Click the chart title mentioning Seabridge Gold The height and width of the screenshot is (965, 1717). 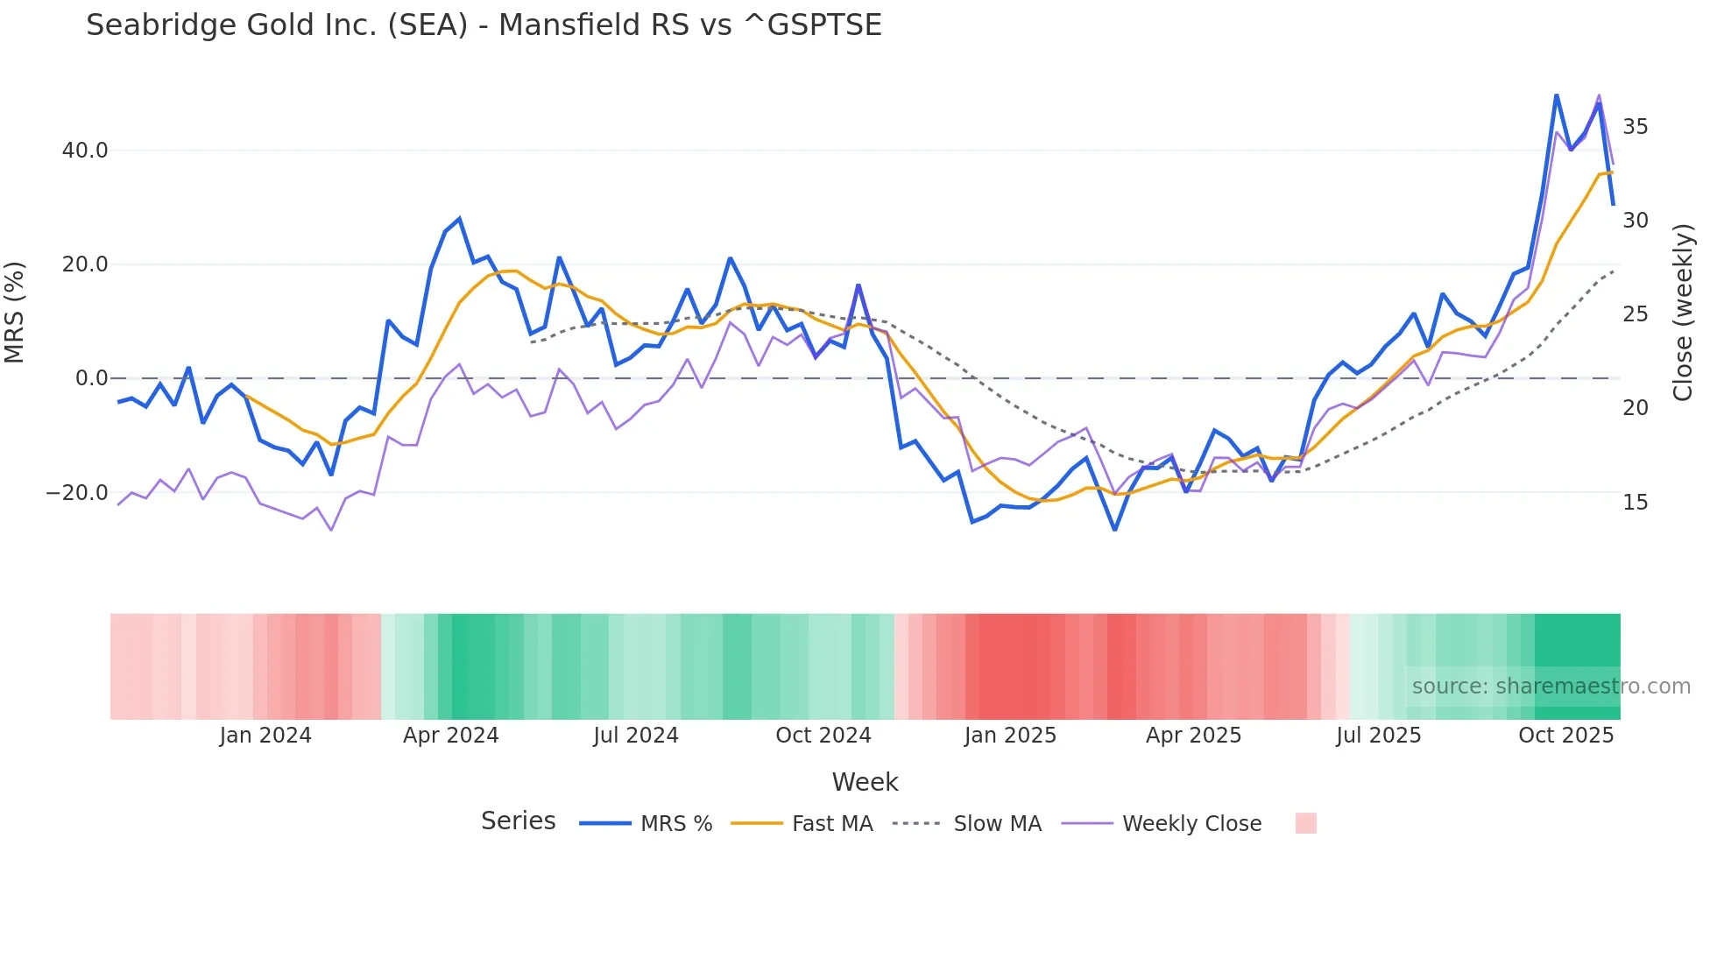pos(484,25)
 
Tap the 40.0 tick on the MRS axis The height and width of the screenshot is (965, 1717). pos(85,151)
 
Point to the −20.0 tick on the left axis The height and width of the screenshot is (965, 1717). pos(77,493)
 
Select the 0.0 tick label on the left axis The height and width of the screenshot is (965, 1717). pos(91,378)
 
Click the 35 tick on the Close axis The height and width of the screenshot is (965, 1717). pos(1635,127)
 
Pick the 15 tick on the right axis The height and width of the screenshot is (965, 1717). pos(1635,503)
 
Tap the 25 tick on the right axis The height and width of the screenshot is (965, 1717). pos(1635,314)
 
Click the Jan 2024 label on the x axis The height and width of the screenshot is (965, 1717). pos(265,736)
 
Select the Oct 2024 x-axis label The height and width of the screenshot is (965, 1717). pos(823,736)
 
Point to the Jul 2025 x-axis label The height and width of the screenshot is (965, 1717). pos(1378,736)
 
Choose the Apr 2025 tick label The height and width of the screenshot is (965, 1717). pos(1193,736)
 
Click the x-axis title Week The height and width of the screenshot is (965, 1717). pos(865,782)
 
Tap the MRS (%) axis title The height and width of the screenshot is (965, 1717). pos(15,312)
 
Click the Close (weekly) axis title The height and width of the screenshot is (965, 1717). pos(1683,313)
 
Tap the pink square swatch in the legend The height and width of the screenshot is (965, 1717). pos(1305,823)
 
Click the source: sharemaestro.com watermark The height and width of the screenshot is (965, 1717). pos(1551,687)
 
